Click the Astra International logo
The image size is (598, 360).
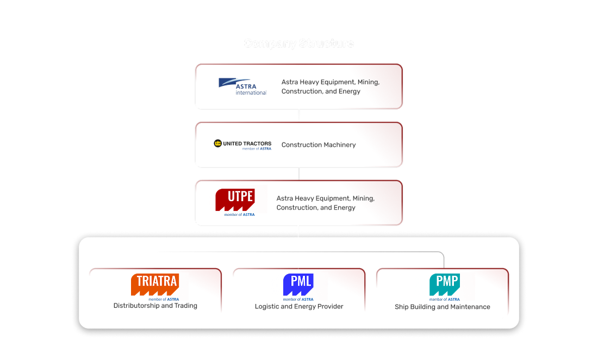coord(242,86)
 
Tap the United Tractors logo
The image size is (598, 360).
coord(242,144)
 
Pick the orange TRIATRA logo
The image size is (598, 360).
coord(155,284)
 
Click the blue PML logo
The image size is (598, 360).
coord(298,284)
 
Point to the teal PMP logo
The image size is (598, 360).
coord(444,284)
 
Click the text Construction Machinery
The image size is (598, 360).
coord(319,145)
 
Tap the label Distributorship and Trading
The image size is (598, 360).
coord(155,306)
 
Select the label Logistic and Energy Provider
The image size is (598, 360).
coord(299,307)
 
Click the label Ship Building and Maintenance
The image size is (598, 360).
coord(443,307)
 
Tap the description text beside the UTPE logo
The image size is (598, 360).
coord(325,203)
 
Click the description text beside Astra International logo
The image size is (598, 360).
coord(331,86)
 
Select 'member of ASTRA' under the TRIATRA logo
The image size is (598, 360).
coord(164,299)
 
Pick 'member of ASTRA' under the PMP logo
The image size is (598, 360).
coord(444,299)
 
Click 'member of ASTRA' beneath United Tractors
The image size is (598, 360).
coord(257,148)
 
